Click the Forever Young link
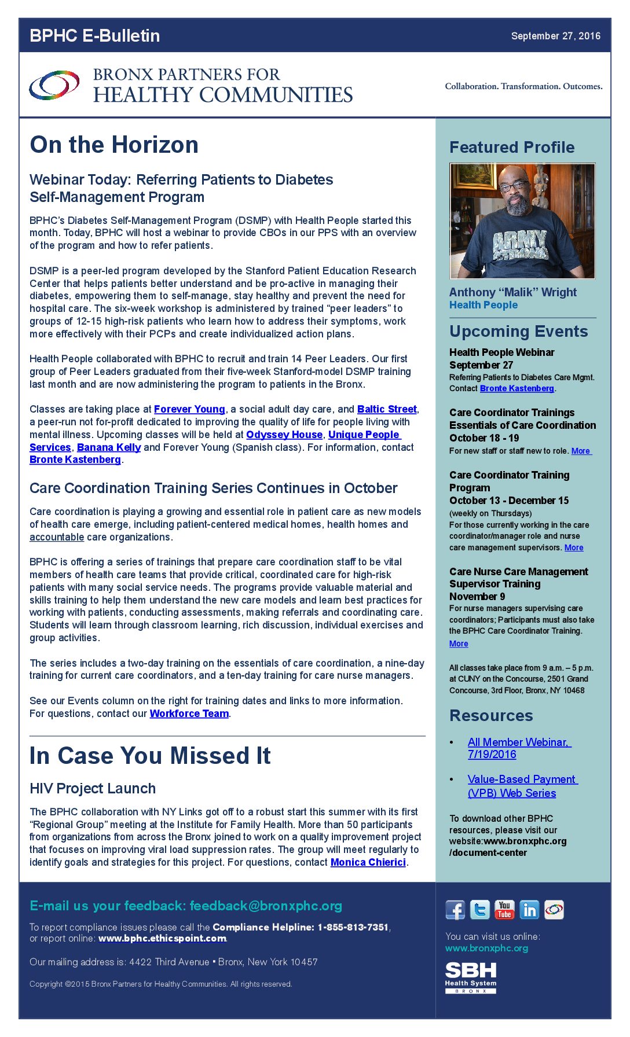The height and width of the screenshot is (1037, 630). click(x=189, y=409)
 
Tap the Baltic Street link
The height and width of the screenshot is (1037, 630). click(x=387, y=409)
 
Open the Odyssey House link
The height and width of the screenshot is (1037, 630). click(x=284, y=435)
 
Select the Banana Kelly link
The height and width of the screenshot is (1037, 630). click(x=109, y=447)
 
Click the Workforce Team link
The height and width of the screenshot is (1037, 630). click(x=189, y=714)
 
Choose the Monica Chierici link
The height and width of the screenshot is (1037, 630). click(x=368, y=862)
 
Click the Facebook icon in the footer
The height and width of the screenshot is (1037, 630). click(x=455, y=910)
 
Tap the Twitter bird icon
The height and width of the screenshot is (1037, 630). click(x=479, y=910)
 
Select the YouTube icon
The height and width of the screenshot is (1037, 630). click(x=504, y=910)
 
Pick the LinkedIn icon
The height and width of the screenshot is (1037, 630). click(x=529, y=910)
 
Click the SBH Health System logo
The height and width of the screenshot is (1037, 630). click(x=471, y=977)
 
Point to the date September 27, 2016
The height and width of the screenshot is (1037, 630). click(x=555, y=36)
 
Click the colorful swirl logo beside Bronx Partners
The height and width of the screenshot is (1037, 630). click(x=54, y=85)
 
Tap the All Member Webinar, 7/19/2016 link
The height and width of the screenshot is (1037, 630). click(x=518, y=748)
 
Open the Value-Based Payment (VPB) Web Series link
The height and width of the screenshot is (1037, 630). click(x=521, y=786)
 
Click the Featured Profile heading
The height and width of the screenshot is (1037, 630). click(x=512, y=147)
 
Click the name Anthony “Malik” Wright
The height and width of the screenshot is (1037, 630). click(x=513, y=292)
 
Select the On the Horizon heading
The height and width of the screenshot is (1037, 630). click(x=114, y=145)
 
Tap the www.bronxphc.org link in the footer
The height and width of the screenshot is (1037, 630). click(x=486, y=948)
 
